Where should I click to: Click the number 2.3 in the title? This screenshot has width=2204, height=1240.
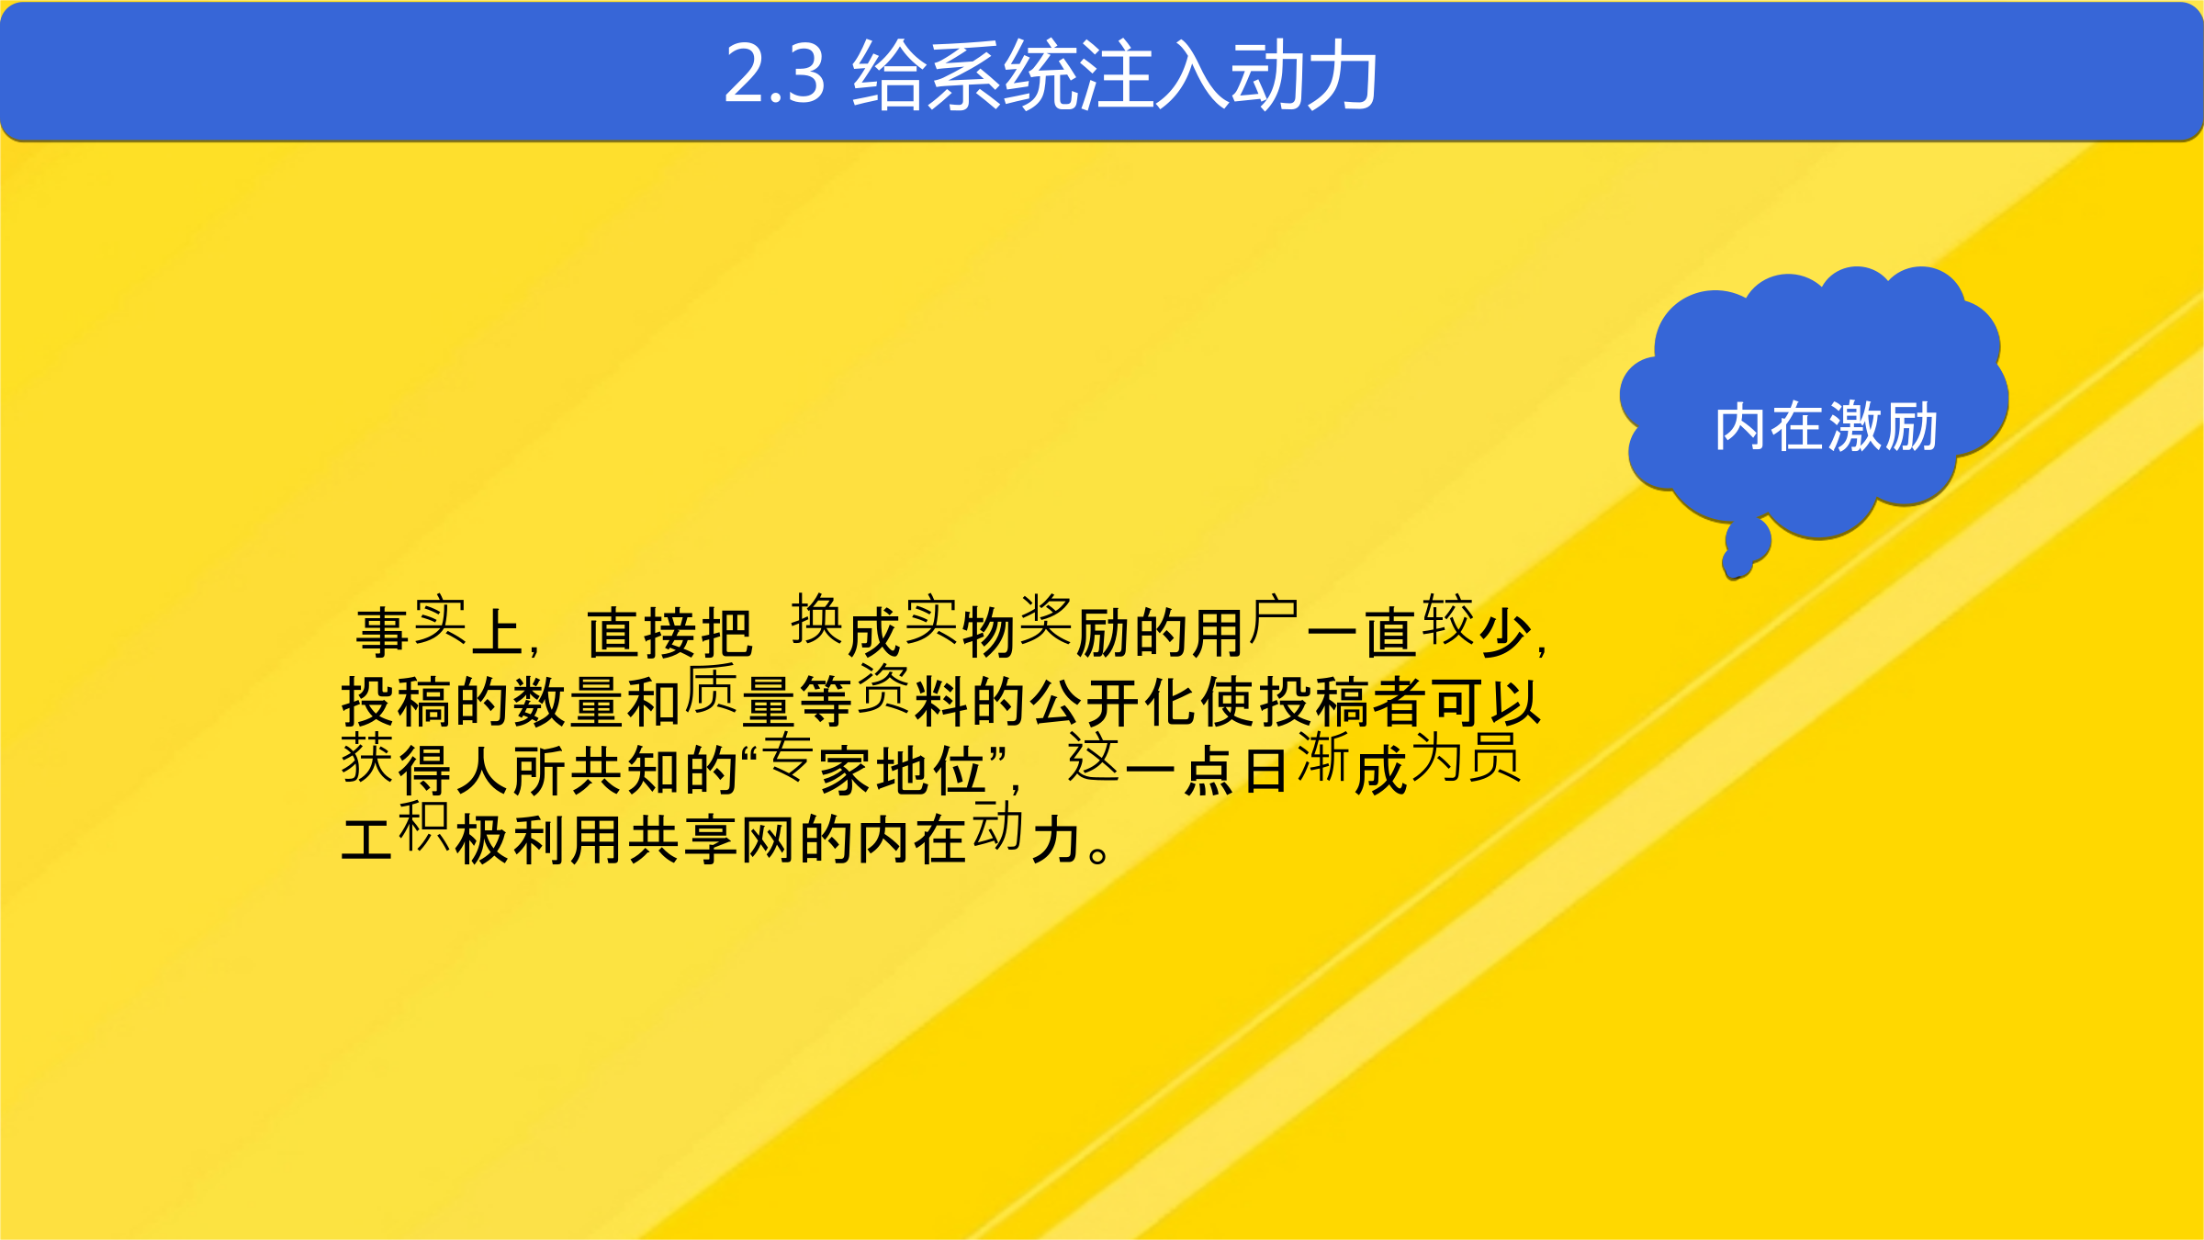point(775,74)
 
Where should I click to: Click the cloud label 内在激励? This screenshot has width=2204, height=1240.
point(1826,427)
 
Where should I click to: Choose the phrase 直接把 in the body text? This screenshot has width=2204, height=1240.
point(669,634)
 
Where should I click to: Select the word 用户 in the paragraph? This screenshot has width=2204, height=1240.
point(1244,628)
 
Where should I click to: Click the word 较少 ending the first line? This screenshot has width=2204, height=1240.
point(1477,626)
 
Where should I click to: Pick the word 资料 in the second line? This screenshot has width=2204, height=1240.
point(912,696)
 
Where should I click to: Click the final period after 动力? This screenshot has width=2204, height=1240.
point(1098,853)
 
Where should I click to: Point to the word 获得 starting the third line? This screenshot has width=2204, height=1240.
point(396,765)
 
